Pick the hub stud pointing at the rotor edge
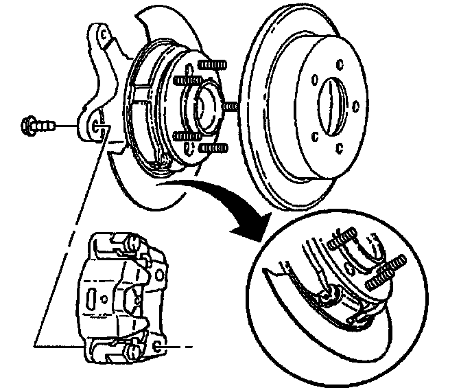[x=229, y=108]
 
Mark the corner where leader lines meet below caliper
[x=35, y=341]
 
